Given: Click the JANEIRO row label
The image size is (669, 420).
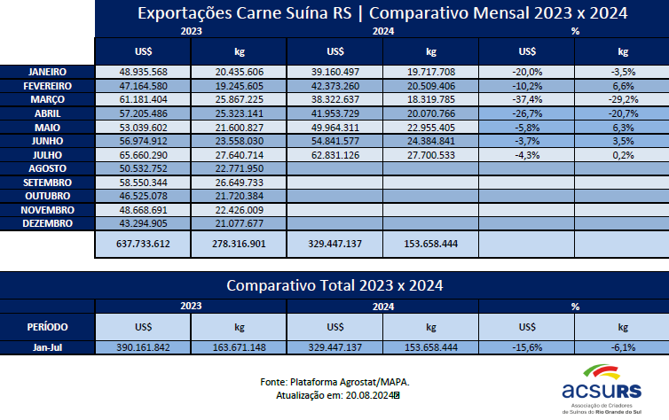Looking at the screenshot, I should [x=47, y=72].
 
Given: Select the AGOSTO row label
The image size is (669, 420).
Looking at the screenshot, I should [x=47, y=167].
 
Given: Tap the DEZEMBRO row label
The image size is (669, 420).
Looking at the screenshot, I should [x=47, y=224].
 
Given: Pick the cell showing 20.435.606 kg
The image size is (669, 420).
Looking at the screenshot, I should [x=239, y=72].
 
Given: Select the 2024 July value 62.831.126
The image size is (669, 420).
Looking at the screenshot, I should [x=335, y=154].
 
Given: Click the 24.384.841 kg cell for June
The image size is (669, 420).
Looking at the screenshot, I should [x=431, y=140].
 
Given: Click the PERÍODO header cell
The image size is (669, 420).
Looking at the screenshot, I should [x=47, y=325].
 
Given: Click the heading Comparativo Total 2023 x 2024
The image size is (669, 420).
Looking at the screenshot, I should [x=334, y=285].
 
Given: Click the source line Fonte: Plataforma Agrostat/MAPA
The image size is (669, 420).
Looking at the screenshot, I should [x=335, y=381].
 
